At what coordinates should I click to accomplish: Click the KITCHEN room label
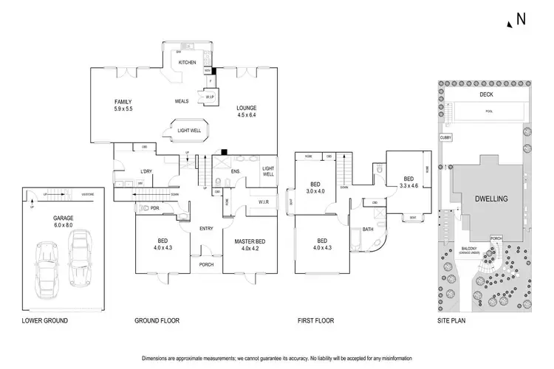pyautogui.click(x=187, y=63)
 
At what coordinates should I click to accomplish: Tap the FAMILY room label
pyautogui.click(x=123, y=101)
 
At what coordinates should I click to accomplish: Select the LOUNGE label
pyautogui.click(x=247, y=108)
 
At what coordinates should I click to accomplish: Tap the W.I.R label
pyautogui.click(x=263, y=201)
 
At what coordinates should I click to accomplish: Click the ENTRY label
pyautogui.click(x=206, y=228)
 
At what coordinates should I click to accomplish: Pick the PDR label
pyautogui.click(x=155, y=208)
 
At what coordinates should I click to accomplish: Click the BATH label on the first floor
pyautogui.click(x=369, y=230)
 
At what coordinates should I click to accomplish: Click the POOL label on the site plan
pyautogui.click(x=488, y=111)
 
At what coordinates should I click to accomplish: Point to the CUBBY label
pyautogui.click(x=445, y=137)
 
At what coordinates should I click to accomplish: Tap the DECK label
pyautogui.click(x=485, y=94)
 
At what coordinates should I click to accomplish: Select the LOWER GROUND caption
pyautogui.click(x=45, y=321)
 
